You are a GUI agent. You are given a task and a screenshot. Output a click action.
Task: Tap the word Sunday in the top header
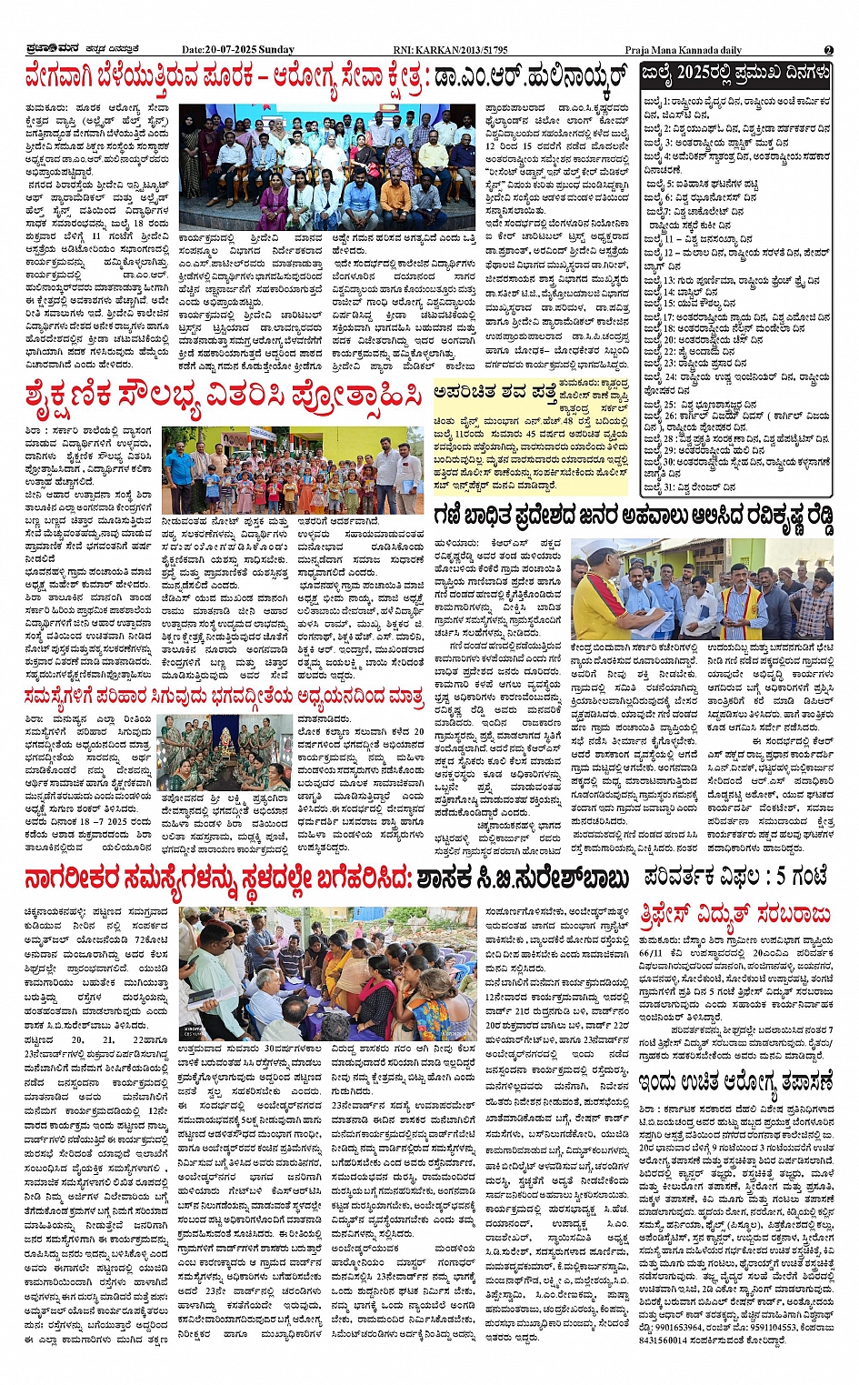[x=276, y=50]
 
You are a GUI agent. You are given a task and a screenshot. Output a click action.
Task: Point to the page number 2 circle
[x=828, y=50]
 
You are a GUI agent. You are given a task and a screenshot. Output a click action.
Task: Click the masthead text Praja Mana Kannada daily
[x=683, y=50]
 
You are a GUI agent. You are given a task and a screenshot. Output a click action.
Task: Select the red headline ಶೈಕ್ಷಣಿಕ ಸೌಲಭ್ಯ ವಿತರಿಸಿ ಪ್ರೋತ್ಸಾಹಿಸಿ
[x=223, y=396]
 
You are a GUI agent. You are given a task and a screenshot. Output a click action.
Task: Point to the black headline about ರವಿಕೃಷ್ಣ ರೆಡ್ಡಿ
[x=633, y=517]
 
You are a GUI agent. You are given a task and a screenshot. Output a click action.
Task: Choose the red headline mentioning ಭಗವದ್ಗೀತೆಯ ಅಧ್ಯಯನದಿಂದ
[x=224, y=697]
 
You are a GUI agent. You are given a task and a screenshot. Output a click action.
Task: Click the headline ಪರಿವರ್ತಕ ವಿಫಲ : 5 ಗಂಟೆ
[x=735, y=877]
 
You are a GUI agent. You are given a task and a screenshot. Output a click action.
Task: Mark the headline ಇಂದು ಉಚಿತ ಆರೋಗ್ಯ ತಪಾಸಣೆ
[x=734, y=1081]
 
